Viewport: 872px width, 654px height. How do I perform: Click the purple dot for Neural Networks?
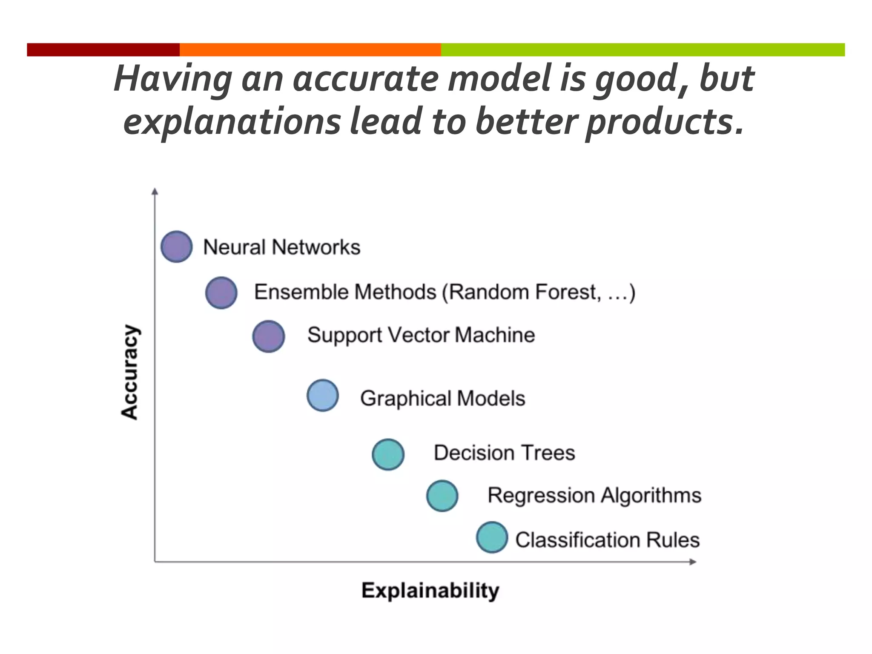pyautogui.click(x=176, y=247)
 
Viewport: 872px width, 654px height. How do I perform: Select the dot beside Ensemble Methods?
pyautogui.click(x=221, y=293)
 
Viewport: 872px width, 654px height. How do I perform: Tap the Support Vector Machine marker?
pyautogui.click(x=268, y=336)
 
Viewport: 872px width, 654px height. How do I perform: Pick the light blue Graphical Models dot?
pyautogui.click(x=323, y=395)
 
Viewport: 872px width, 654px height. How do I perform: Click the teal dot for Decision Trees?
pyautogui.click(x=388, y=454)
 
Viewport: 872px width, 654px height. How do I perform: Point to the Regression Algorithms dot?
pyautogui.click(x=442, y=496)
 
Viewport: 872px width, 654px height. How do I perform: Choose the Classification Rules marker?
pyautogui.click(x=492, y=537)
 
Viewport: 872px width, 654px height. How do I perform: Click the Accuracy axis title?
pyautogui.click(x=129, y=372)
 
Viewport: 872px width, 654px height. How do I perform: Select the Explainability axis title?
pyautogui.click(x=430, y=591)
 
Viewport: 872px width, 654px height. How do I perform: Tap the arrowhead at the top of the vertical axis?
pyautogui.click(x=155, y=192)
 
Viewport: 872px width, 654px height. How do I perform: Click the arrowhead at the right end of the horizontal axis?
pyautogui.click(x=693, y=562)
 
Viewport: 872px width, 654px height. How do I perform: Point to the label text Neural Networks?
pyautogui.click(x=281, y=247)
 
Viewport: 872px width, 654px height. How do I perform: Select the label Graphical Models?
pyautogui.click(x=442, y=399)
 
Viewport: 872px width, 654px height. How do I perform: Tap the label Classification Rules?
pyautogui.click(x=607, y=540)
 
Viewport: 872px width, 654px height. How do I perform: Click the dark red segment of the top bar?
pyautogui.click(x=103, y=49)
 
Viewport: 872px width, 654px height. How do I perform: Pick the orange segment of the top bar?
pyautogui.click(x=310, y=49)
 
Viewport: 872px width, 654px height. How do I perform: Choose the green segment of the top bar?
pyautogui.click(x=643, y=49)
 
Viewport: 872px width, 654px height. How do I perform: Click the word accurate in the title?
pyautogui.click(x=366, y=79)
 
